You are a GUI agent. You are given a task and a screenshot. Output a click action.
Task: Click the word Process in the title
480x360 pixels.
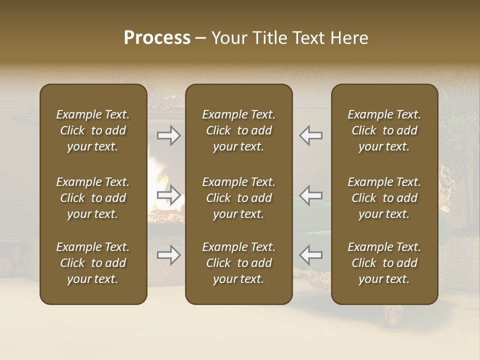coord(157,38)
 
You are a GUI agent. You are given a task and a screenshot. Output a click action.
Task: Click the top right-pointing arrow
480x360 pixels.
coord(169,135)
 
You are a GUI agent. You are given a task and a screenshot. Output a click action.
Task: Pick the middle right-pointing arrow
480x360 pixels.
coord(169,195)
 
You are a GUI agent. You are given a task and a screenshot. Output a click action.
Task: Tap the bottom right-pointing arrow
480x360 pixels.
coord(169,255)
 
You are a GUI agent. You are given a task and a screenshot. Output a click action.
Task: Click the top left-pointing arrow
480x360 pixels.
coord(310,135)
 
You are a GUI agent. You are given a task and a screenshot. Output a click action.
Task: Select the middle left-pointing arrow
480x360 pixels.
coord(310,195)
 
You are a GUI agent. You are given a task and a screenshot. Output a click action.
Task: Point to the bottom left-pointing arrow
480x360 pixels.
coord(310,255)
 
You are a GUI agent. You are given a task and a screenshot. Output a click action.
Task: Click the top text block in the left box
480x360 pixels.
coord(93,130)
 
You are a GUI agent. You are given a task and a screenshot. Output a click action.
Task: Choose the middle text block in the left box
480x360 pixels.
coord(93,198)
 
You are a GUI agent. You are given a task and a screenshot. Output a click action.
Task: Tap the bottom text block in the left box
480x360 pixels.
coord(93,263)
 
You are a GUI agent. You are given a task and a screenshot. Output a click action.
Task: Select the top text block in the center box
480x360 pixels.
coord(238,130)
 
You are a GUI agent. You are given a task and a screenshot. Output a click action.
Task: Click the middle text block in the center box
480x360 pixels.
coord(238,198)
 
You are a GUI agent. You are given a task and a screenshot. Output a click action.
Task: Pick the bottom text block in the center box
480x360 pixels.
coord(238,263)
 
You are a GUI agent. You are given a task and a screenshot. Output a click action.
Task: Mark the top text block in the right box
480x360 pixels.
coord(384,130)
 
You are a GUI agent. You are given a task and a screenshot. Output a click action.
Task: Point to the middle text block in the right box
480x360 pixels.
coord(384,198)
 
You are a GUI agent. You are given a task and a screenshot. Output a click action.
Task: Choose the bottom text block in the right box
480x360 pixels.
coord(384,263)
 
